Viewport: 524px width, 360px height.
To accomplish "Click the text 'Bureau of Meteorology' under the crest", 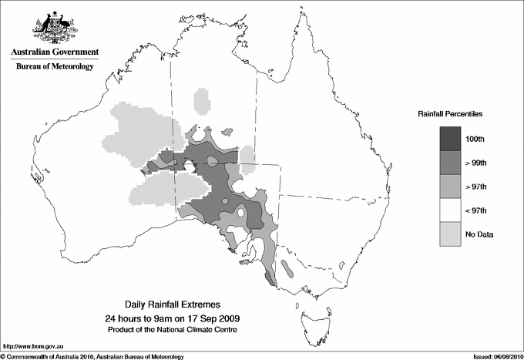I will coord(54,66).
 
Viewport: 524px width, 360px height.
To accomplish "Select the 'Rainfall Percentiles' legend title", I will coord(450,113).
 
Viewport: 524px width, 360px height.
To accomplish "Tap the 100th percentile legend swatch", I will coord(450,139).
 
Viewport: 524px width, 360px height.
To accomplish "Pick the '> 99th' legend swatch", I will coord(450,163).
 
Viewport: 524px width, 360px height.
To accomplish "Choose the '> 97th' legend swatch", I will coord(450,187).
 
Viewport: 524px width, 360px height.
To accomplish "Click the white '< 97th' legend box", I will coord(450,210).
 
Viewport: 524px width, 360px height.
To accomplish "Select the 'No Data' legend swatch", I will coord(450,234).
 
